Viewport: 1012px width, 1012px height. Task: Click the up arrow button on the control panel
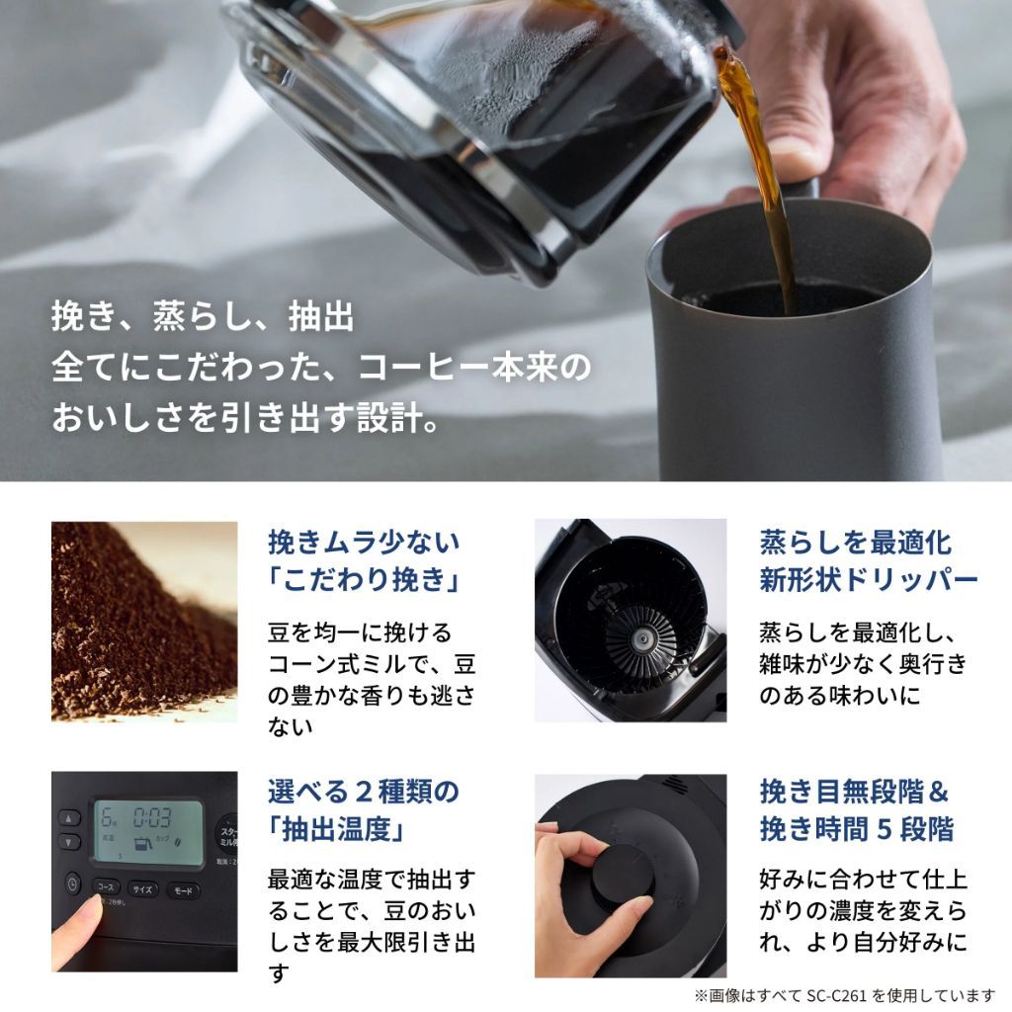(69, 818)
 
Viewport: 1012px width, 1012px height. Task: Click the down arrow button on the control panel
(69, 842)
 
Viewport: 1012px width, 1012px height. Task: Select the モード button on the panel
(182, 890)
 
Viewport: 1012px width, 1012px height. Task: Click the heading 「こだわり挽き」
(363, 580)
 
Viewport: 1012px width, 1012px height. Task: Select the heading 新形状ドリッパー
(855, 580)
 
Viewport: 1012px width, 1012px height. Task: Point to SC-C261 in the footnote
(871, 995)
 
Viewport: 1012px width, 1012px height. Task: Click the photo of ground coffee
(144, 621)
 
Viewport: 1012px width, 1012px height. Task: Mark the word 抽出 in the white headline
(320, 319)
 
